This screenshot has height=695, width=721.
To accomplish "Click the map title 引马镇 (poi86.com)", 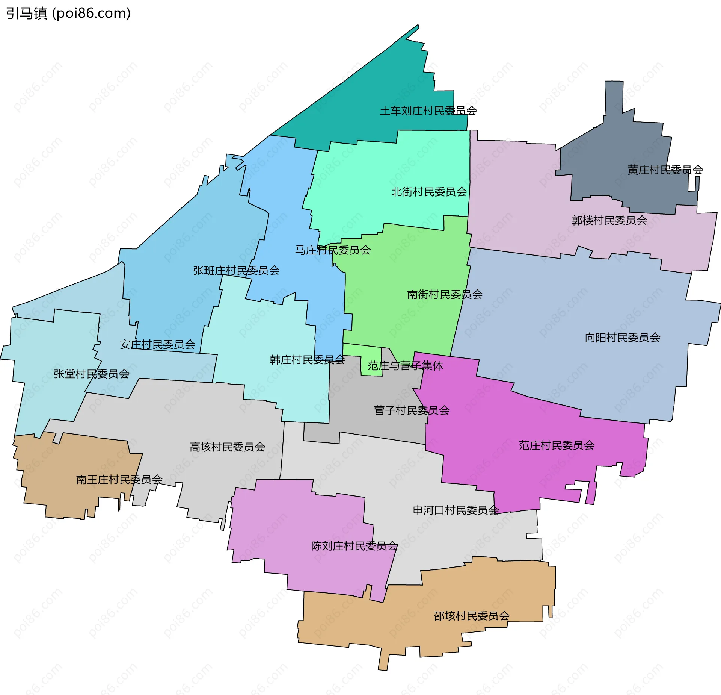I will click(x=68, y=14).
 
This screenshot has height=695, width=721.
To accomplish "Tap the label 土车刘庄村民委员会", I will click(x=428, y=111).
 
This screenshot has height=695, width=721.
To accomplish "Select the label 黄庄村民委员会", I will click(x=665, y=170).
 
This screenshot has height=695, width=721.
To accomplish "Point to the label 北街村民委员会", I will click(x=429, y=192).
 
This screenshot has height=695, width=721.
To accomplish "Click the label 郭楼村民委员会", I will click(x=609, y=220).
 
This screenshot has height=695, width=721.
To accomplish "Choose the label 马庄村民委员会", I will click(x=333, y=250).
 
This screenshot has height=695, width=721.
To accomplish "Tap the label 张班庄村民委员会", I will click(x=236, y=271).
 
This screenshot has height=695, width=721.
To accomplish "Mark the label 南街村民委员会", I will click(x=445, y=295).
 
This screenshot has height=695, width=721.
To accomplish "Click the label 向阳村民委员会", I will click(x=622, y=338).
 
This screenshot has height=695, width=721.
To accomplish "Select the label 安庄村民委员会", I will click(x=157, y=345).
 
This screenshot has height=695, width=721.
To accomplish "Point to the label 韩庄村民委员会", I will click(x=307, y=360).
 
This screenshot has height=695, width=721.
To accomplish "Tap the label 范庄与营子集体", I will click(x=405, y=366).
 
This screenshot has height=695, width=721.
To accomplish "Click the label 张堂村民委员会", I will click(x=92, y=374).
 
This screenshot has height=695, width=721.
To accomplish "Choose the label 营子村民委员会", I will click(x=412, y=410).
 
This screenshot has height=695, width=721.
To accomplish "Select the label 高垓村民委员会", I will click(x=227, y=447).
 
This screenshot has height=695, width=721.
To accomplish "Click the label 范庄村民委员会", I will click(x=557, y=445).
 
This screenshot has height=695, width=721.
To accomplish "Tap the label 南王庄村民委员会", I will click(x=119, y=480).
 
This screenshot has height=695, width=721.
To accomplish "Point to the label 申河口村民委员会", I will click(x=456, y=510).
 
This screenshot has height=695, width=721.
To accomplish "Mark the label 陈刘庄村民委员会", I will click(x=354, y=546).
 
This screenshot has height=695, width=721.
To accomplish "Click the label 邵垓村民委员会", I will click(x=472, y=616).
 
